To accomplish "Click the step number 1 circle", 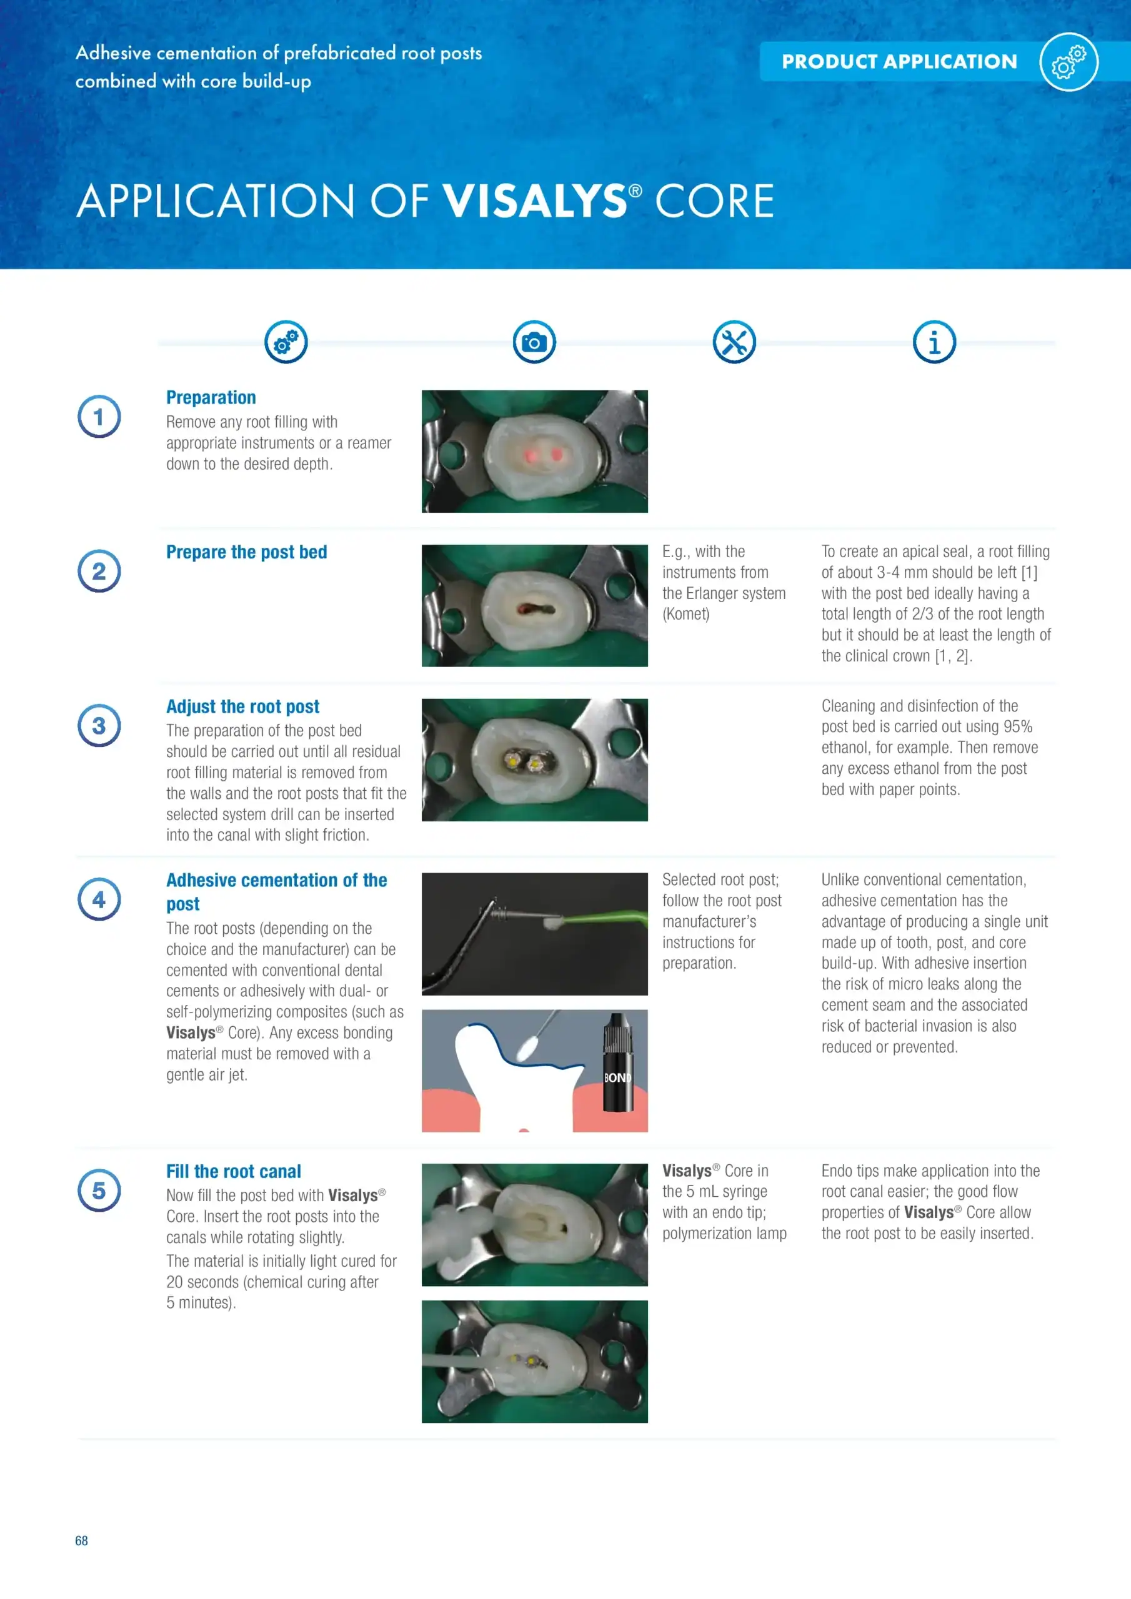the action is click(99, 417).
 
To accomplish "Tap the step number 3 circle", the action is click(99, 725).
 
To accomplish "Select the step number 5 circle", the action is click(99, 1191).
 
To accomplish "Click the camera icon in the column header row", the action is click(534, 342).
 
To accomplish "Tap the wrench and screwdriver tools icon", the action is click(734, 342).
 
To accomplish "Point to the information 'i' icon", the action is click(935, 342).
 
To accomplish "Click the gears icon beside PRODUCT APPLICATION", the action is click(1069, 62).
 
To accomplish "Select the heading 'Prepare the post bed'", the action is click(247, 552).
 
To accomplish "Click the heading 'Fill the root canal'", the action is click(234, 1171).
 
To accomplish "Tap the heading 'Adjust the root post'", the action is click(242, 707).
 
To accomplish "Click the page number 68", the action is click(81, 1540).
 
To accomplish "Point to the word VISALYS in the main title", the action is click(535, 201).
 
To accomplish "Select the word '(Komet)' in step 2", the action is click(685, 614).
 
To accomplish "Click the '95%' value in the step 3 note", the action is click(1017, 727).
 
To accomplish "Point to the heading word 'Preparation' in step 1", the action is click(211, 398).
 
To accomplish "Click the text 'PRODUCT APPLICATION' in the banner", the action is click(899, 62).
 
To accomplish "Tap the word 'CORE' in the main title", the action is click(714, 201).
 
